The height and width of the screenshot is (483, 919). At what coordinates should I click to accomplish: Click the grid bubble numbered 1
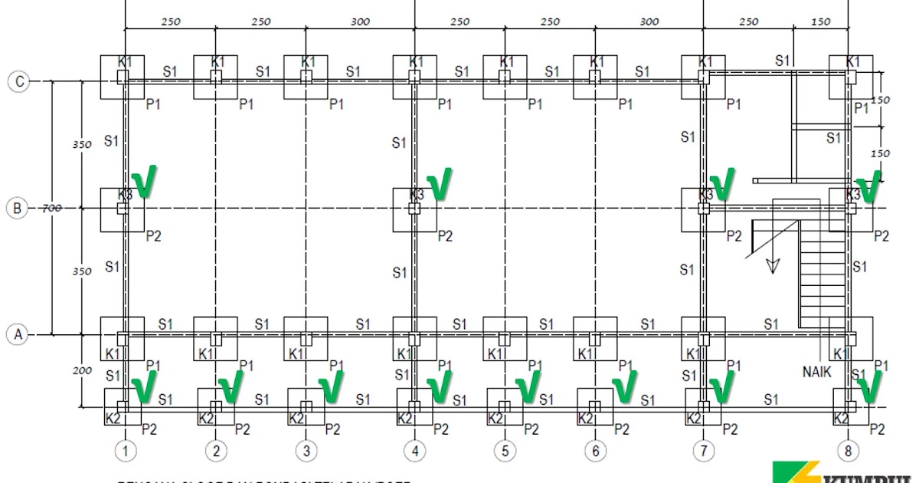pyautogui.click(x=125, y=451)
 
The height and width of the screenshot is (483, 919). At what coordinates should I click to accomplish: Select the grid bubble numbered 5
pyautogui.click(x=505, y=451)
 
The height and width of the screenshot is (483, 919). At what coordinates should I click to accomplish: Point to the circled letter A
pyautogui.click(x=18, y=334)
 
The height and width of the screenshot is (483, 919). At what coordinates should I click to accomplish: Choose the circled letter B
pyautogui.click(x=18, y=208)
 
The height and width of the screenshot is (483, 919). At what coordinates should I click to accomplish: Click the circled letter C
pyautogui.click(x=18, y=80)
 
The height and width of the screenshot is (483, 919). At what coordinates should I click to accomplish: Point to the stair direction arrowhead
pyautogui.click(x=773, y=265)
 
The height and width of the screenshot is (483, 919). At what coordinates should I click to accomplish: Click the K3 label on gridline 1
pyautogui.click(x=126, y=195)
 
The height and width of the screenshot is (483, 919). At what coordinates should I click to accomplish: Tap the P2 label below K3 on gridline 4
pyautogui.click(x=445, y=236)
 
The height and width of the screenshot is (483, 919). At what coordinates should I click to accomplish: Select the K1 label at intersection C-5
pyautogui.click(x=507, y=61)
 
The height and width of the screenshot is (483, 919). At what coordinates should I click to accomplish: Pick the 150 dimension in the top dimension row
pyautogui.click(x=820, y=21)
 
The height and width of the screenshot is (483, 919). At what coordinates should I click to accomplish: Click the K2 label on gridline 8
pyautogui.click(x=841, y=419)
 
